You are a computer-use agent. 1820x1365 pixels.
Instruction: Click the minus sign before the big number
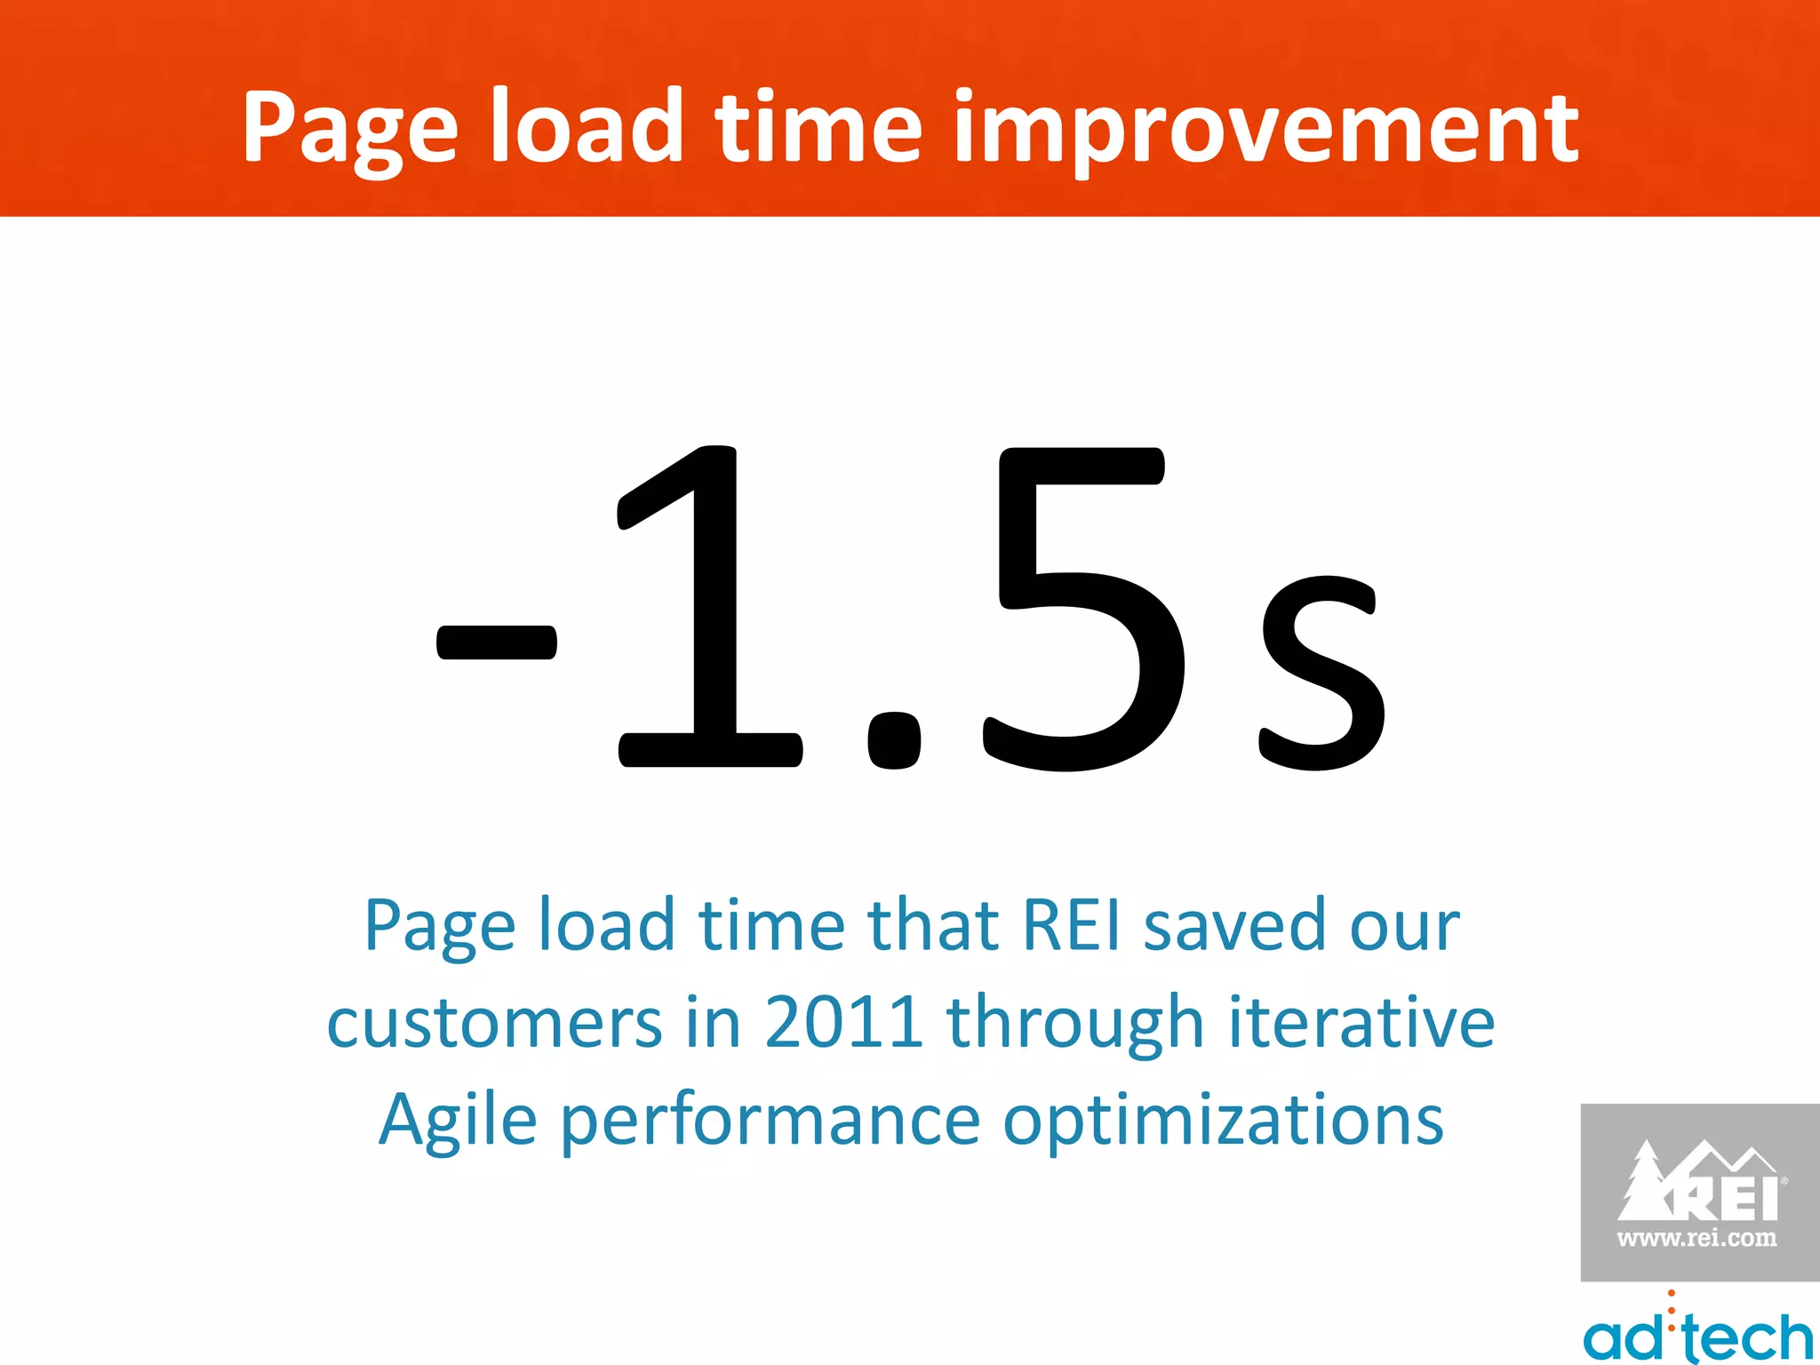coord(497,643)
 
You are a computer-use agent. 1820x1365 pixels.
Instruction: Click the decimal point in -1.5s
coord(893,740)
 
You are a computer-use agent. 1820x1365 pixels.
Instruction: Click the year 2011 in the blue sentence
coord(842,1022)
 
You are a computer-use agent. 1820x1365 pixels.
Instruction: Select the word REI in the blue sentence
coord(1071,925)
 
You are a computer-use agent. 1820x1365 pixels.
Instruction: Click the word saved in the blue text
coord(1234,925)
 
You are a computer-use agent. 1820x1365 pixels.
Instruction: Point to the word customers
coord(494,1024)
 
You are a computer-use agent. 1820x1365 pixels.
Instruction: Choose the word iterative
coord(1361,1022)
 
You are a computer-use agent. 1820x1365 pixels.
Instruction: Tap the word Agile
coord(458,1122)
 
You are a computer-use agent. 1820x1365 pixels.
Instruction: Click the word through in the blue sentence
coord(1074,1024)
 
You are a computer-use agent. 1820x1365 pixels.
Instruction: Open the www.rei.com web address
coord(1696,1238)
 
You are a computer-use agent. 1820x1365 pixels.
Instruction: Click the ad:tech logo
coord(1697,1332)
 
